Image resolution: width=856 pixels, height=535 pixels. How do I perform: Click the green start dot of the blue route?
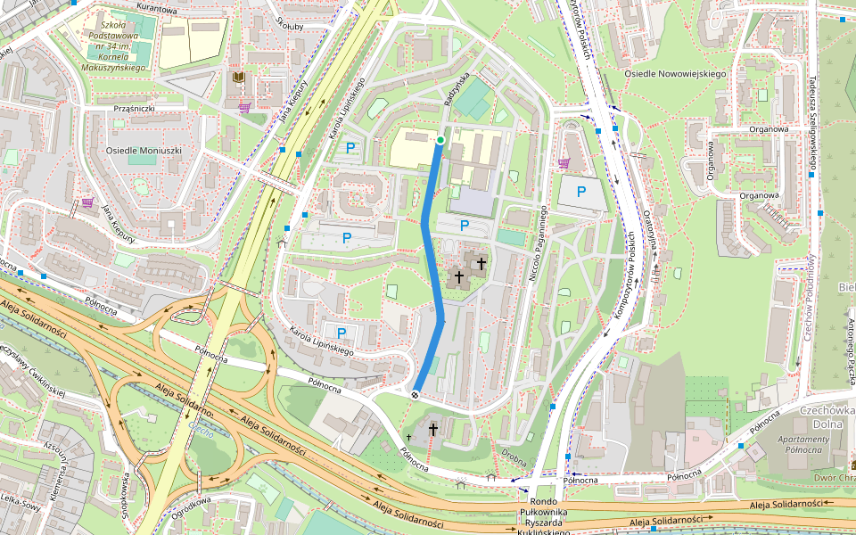440,140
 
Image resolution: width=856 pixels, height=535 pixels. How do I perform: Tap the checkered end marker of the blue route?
416,394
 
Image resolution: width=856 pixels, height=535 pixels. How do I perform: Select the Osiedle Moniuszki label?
144,151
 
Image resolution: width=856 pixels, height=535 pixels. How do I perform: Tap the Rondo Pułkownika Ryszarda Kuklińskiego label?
543,516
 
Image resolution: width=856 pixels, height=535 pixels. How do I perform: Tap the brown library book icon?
238,78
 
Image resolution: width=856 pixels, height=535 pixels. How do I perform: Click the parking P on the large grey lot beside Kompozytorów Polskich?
581,191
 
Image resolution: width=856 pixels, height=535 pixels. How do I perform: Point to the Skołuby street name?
290,22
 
